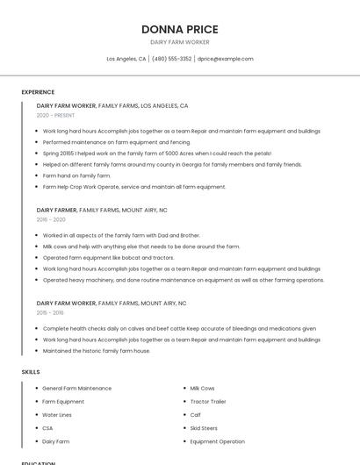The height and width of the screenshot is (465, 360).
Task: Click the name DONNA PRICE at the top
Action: click(x=179, y=29)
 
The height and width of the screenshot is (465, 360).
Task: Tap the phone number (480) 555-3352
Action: click(x=171, y=59)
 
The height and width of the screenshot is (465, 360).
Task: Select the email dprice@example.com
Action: click(x=225, y=59)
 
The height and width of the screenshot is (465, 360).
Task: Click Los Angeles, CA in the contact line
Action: click(x=126, y=59)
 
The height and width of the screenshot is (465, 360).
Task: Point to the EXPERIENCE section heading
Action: click(x=38, y=92)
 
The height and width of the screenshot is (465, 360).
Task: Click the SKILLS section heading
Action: click(x=31, y=372)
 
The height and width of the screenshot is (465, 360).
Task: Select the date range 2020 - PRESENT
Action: click(x=55, y=115)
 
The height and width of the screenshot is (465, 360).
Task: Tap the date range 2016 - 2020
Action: click(x=51, y=220)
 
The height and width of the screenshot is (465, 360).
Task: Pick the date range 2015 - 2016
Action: click(x=50, y=312)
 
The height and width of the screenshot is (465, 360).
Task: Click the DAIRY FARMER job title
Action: click(x=57, y=211)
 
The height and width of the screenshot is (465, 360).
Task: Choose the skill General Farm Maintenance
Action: click(x=76, y=388)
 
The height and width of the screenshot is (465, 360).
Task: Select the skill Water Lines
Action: click(x=57, y=415)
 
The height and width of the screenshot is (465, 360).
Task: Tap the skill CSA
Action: click(x=47, y=428)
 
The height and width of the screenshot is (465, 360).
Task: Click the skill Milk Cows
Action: click(x=202, y=388)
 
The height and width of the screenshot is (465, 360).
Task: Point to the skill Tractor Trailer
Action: click(x=208, y=402)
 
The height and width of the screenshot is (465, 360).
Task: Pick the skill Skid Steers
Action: click(x=205, y=428)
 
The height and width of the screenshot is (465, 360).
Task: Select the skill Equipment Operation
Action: click(x=217, y=441)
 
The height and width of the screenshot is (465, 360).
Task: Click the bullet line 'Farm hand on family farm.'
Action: click(x=76, y=175)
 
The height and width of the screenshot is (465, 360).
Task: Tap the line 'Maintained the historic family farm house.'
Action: click(x=97, y=351)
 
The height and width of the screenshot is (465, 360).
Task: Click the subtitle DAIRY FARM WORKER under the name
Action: click(x=179, y=42)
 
